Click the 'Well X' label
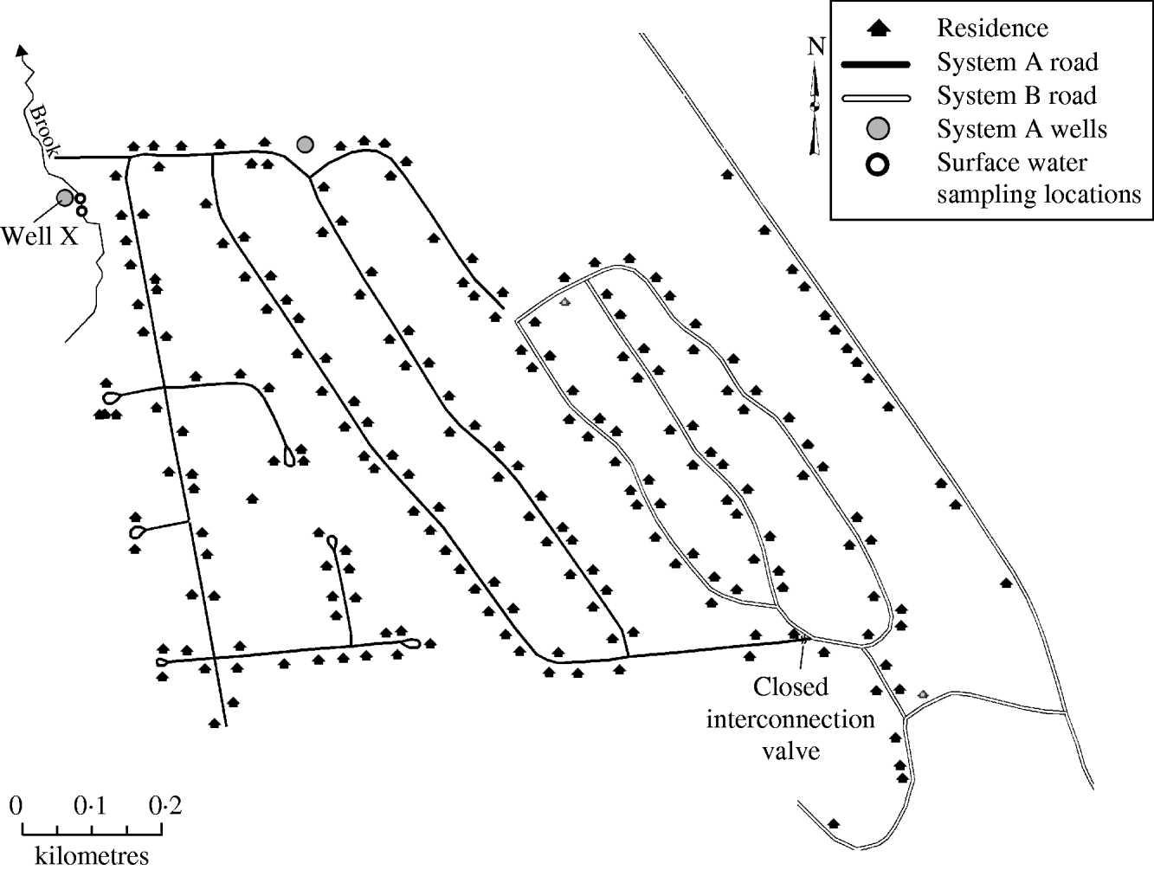(x=40, y=236)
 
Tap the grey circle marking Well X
(x=65, y=197)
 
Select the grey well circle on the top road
(x=305, y=144)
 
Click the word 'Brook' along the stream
(x=43, y=131)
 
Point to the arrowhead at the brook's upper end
(x=21, y=50)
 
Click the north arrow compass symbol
(x=815, y=107)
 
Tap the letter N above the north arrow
(x=816, y=47)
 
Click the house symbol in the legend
(x=878, y=28)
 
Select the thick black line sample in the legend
(x=876, y=64)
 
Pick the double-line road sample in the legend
(x=876, y=98)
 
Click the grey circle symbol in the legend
(x=878, y=129)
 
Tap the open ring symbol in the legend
(x=878, y=164)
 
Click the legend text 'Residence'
(x=992, y=28)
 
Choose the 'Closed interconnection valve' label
(x=790, y=719)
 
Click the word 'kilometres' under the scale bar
(x=92, y=856)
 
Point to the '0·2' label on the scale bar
(x=165, y=806)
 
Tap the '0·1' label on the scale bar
(x=90, y=806)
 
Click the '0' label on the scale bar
(x=16, y=806)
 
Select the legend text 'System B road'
(x=1016, y=96)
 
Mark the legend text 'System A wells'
(x=1022, y=129)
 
